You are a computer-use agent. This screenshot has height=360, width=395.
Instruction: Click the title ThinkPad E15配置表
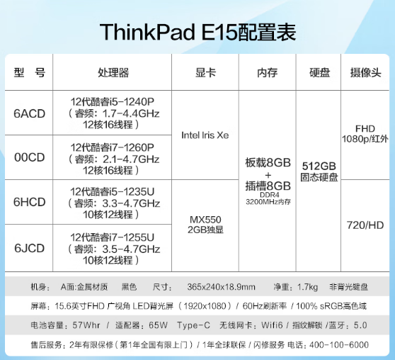pos(197,32)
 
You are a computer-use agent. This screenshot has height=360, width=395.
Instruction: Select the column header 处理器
pos(113,73)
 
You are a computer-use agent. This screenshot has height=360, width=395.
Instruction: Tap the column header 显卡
pos(205,73)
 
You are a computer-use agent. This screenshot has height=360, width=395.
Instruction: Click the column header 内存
pos(268,73)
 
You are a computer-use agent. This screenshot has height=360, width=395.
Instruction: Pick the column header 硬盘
pos(319,73)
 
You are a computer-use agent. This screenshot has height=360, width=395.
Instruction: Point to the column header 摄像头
pos(365,73)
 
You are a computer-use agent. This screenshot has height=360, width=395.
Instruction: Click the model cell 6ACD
pos(30,113)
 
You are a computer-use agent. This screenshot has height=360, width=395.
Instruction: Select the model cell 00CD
pos(30,157)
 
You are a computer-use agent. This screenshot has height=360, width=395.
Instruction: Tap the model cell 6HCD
pos(30,202)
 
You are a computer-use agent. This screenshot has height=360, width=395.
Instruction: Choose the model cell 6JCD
pos(30,248)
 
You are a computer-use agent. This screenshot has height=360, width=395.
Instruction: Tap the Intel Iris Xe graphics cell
pos(205,135)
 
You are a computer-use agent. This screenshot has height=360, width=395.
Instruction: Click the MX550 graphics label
pos(205,220)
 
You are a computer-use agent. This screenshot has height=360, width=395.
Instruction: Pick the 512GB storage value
pos(319,167)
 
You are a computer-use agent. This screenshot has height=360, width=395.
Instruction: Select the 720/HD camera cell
pos(365,225)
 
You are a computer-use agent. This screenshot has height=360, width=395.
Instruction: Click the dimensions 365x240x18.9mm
pos(221,287)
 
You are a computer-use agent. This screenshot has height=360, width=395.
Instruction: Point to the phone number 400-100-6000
pos(339,344)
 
